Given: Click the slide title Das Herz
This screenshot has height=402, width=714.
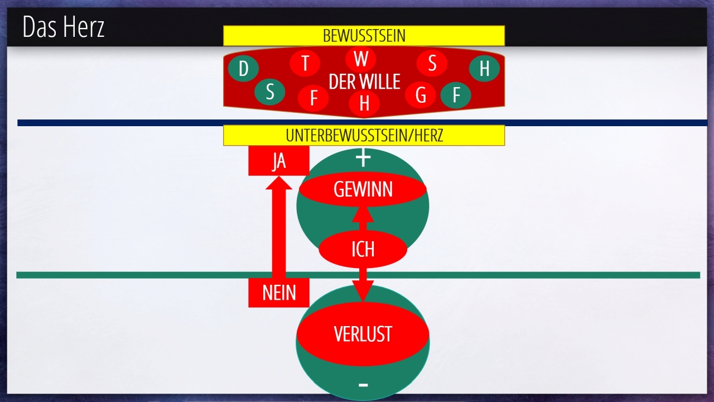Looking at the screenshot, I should click(x=64, y=27).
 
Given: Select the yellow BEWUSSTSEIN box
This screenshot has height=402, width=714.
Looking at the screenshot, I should click(x=364, y=36).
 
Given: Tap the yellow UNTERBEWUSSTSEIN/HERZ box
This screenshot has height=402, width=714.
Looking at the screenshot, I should click(x=364, y=135).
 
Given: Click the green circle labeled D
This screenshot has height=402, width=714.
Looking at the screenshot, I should click(x=243, y=69).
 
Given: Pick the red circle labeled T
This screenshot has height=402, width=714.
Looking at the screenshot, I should click(x=305, y=63).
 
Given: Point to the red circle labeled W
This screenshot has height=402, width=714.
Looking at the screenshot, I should click(x=361, y=59).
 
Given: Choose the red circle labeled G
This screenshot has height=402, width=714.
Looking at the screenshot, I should click(x=421, y=95).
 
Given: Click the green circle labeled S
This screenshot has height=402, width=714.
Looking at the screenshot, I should click(x=270, y=92).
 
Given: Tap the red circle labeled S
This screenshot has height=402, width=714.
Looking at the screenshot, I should click(x=432, y=63).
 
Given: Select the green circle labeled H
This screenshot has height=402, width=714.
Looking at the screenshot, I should click(x=484, y=69).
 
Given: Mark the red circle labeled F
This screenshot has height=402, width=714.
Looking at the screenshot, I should click(x=313, y=99).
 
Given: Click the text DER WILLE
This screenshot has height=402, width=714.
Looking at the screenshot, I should click(x=364, y=82).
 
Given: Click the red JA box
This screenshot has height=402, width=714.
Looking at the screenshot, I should click(x=278, y=161).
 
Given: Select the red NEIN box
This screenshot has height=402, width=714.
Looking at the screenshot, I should click(x=278, y=293).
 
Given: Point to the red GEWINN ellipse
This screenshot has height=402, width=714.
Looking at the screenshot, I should click(x=363, y=190).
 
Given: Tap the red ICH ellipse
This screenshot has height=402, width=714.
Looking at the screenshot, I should click(x=363, y=249).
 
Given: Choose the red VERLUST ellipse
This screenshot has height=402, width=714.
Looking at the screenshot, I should click(x=363, y=334).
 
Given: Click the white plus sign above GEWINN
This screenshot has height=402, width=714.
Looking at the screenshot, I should click(x=363, y=159).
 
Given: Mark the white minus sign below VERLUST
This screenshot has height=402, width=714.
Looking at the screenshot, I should click(x=363, y=385).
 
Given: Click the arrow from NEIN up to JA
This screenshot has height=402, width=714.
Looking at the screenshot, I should click(x=278, y=229).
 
